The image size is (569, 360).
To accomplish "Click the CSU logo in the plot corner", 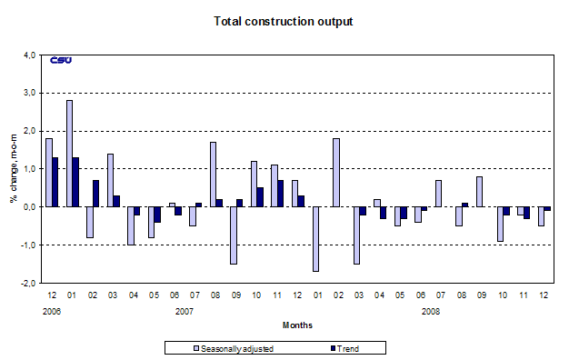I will click(61, 61).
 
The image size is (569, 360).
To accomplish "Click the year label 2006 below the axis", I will click(51, 310).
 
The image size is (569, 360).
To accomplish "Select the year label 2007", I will click(184, 310).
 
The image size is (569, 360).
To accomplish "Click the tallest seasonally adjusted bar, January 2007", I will click(69, 154).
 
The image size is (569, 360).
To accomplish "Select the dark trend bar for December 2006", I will click(56, 182).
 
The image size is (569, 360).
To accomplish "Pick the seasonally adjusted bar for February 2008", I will click(335, 173).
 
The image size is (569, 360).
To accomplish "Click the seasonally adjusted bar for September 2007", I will click(233, 235).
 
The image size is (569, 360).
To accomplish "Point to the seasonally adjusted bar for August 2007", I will click(213, 175).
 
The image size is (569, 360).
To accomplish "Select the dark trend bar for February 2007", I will click(96, 193).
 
